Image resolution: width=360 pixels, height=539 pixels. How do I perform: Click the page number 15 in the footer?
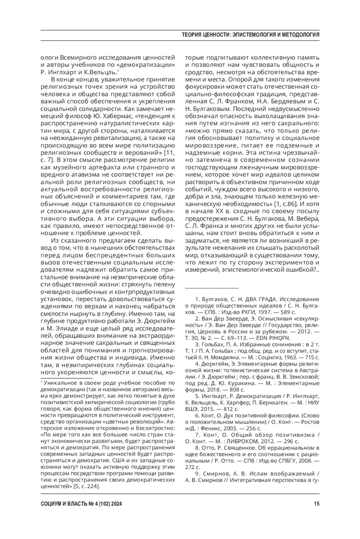pos(316,504)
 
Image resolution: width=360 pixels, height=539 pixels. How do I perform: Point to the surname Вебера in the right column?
pos(309,218)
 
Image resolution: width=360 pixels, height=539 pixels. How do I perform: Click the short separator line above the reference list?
pos(212,288)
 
